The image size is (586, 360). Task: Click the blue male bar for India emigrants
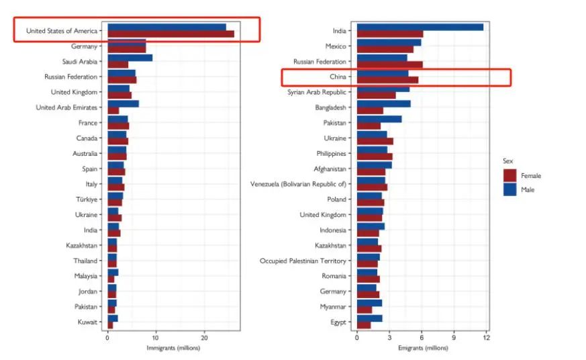point(420,27)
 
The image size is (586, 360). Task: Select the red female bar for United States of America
point(170,34)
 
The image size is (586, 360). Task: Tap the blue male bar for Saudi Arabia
point(130,58)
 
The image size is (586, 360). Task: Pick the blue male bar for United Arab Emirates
point(123,104)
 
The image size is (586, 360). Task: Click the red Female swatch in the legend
point(510,175)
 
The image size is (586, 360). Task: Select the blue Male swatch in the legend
point(510,189)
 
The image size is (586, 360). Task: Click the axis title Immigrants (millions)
point(173,348)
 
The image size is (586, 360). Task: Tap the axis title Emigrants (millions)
point(422,348)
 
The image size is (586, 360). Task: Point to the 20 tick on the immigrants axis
point(205,337)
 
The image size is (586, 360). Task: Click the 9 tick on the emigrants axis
point(454,337)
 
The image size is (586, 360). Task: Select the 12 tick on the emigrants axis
point(486,337)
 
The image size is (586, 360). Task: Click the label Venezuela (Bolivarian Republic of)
point(298,184)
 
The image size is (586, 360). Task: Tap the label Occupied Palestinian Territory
point(303,261)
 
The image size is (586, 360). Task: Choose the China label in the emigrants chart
point(338,77)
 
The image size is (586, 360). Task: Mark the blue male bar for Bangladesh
point(383,103)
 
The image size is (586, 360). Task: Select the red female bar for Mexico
point(385,50)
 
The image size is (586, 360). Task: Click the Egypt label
point(339,322)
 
